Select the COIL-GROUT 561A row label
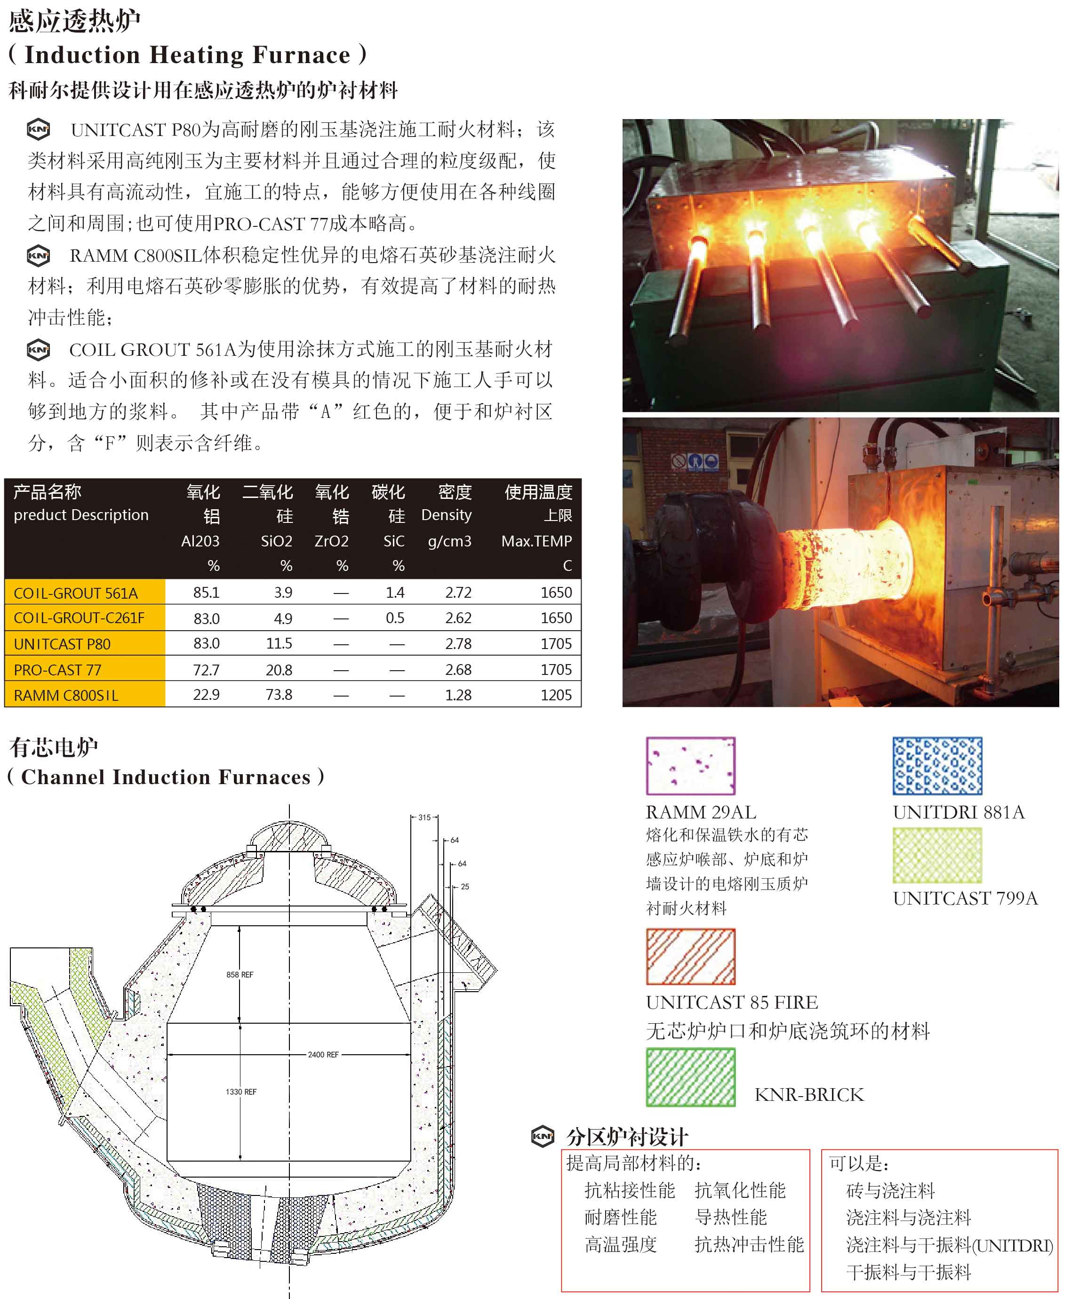(x=76, y=593)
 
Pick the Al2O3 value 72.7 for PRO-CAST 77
(x=206, y=670)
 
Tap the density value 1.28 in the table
(x=458, y=695)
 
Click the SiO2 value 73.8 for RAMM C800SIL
(x=279, y=695)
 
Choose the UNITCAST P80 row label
(x=62, y=644)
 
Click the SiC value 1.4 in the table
(x=395, y=593)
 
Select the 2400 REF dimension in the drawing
(x=323, y=1055)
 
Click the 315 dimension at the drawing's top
(x=424, y=818)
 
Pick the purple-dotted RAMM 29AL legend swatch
(x=690, y=765)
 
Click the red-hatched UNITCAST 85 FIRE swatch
(x=690, y=956)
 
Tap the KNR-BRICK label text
(x=809, y=1095)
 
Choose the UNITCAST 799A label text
(x=965, y=898)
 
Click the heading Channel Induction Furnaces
(x=165, y=777)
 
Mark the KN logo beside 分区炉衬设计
(x=542, y=1136)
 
